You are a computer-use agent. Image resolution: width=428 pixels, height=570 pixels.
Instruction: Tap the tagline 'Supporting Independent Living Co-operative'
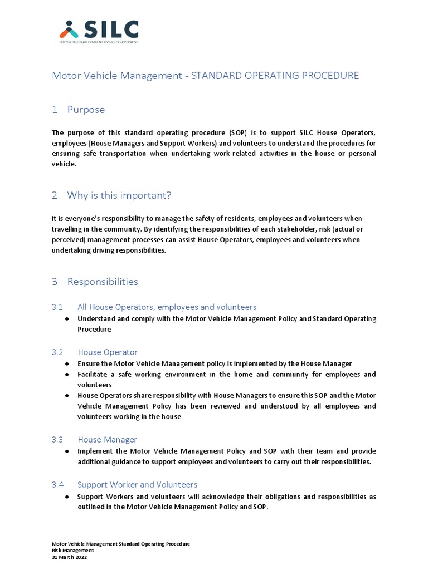pos(99,42)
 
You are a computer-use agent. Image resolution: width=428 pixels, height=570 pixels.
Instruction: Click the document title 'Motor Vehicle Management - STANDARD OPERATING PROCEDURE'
pos(205,76)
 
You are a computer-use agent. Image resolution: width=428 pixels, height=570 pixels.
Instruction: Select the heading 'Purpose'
pos(86,110)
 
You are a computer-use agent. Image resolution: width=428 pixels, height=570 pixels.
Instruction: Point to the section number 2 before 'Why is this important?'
pos(55,195)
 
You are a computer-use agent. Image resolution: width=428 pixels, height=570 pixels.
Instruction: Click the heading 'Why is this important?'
pos(119,195)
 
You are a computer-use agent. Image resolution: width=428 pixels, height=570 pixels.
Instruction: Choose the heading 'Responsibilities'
pos(103,282)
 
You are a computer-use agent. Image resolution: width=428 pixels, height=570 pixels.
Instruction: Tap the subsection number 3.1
pos(57,307)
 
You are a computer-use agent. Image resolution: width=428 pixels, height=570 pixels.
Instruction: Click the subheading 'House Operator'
pos(107,352)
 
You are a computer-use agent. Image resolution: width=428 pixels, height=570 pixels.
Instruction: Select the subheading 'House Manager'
pos(107,440)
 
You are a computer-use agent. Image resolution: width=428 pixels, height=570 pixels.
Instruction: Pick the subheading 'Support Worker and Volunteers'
pos(137,485)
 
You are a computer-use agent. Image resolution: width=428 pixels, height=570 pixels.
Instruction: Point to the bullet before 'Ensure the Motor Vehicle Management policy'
pos(67,363)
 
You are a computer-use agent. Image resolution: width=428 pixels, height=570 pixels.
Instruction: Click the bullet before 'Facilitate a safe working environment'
pos(67,374)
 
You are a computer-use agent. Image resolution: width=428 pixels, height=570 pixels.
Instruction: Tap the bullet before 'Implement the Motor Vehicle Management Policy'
pos(67,451)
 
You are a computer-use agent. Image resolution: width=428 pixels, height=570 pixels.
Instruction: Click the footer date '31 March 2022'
pos(69,557)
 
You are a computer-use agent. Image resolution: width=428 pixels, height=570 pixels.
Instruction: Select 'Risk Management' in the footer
pos(72,550)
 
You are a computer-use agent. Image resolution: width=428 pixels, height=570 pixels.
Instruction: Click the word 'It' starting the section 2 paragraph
pos(54,218)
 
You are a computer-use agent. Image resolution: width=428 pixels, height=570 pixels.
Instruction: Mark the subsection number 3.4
pos(57,485)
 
